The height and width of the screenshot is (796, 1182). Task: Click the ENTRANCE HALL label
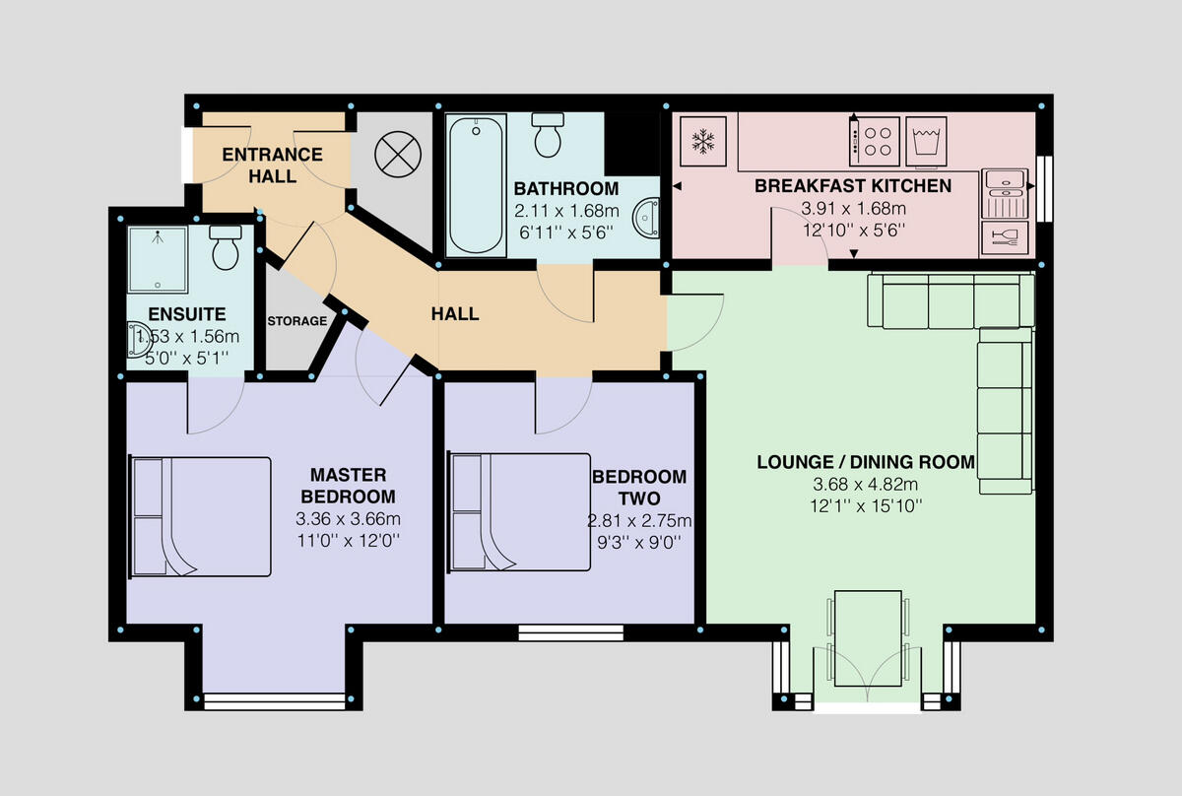(272, 166)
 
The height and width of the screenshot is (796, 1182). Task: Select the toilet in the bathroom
(549, 135)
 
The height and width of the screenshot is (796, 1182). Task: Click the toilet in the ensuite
(227, 247)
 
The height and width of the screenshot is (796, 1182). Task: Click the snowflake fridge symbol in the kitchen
(703, 141)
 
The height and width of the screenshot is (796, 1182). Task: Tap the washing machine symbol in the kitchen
(926, 141)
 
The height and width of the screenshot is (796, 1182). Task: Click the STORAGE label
(296, 321)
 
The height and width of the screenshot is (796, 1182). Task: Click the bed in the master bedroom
(200, 516)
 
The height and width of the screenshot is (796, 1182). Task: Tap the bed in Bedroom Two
(519, 510)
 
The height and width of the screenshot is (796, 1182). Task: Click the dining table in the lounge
(867, 637)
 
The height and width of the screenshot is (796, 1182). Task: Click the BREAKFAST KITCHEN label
(853, 186)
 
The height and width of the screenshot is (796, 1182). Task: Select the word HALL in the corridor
(455, 314)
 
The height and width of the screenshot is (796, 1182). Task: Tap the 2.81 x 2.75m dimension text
(639, 521)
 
